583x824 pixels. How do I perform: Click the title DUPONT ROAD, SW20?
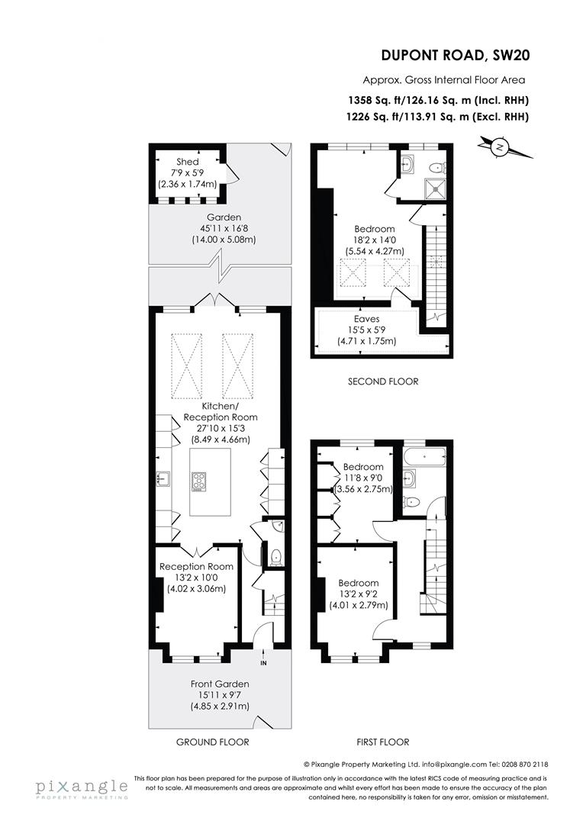(x=455, y=55)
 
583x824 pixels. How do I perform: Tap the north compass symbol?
(x=500, y=146)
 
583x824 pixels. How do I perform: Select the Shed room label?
(x=187, y=162)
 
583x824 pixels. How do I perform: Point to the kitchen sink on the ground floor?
(x=163, y=479)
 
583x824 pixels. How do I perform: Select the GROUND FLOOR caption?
(x=213, y=742)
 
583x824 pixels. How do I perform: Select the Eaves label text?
(x=366, y=319)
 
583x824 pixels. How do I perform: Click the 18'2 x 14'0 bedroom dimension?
(x=374, y=240)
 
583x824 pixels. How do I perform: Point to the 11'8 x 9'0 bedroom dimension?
(x=362, y=478)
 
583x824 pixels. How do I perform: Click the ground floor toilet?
(x=275, y=556)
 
